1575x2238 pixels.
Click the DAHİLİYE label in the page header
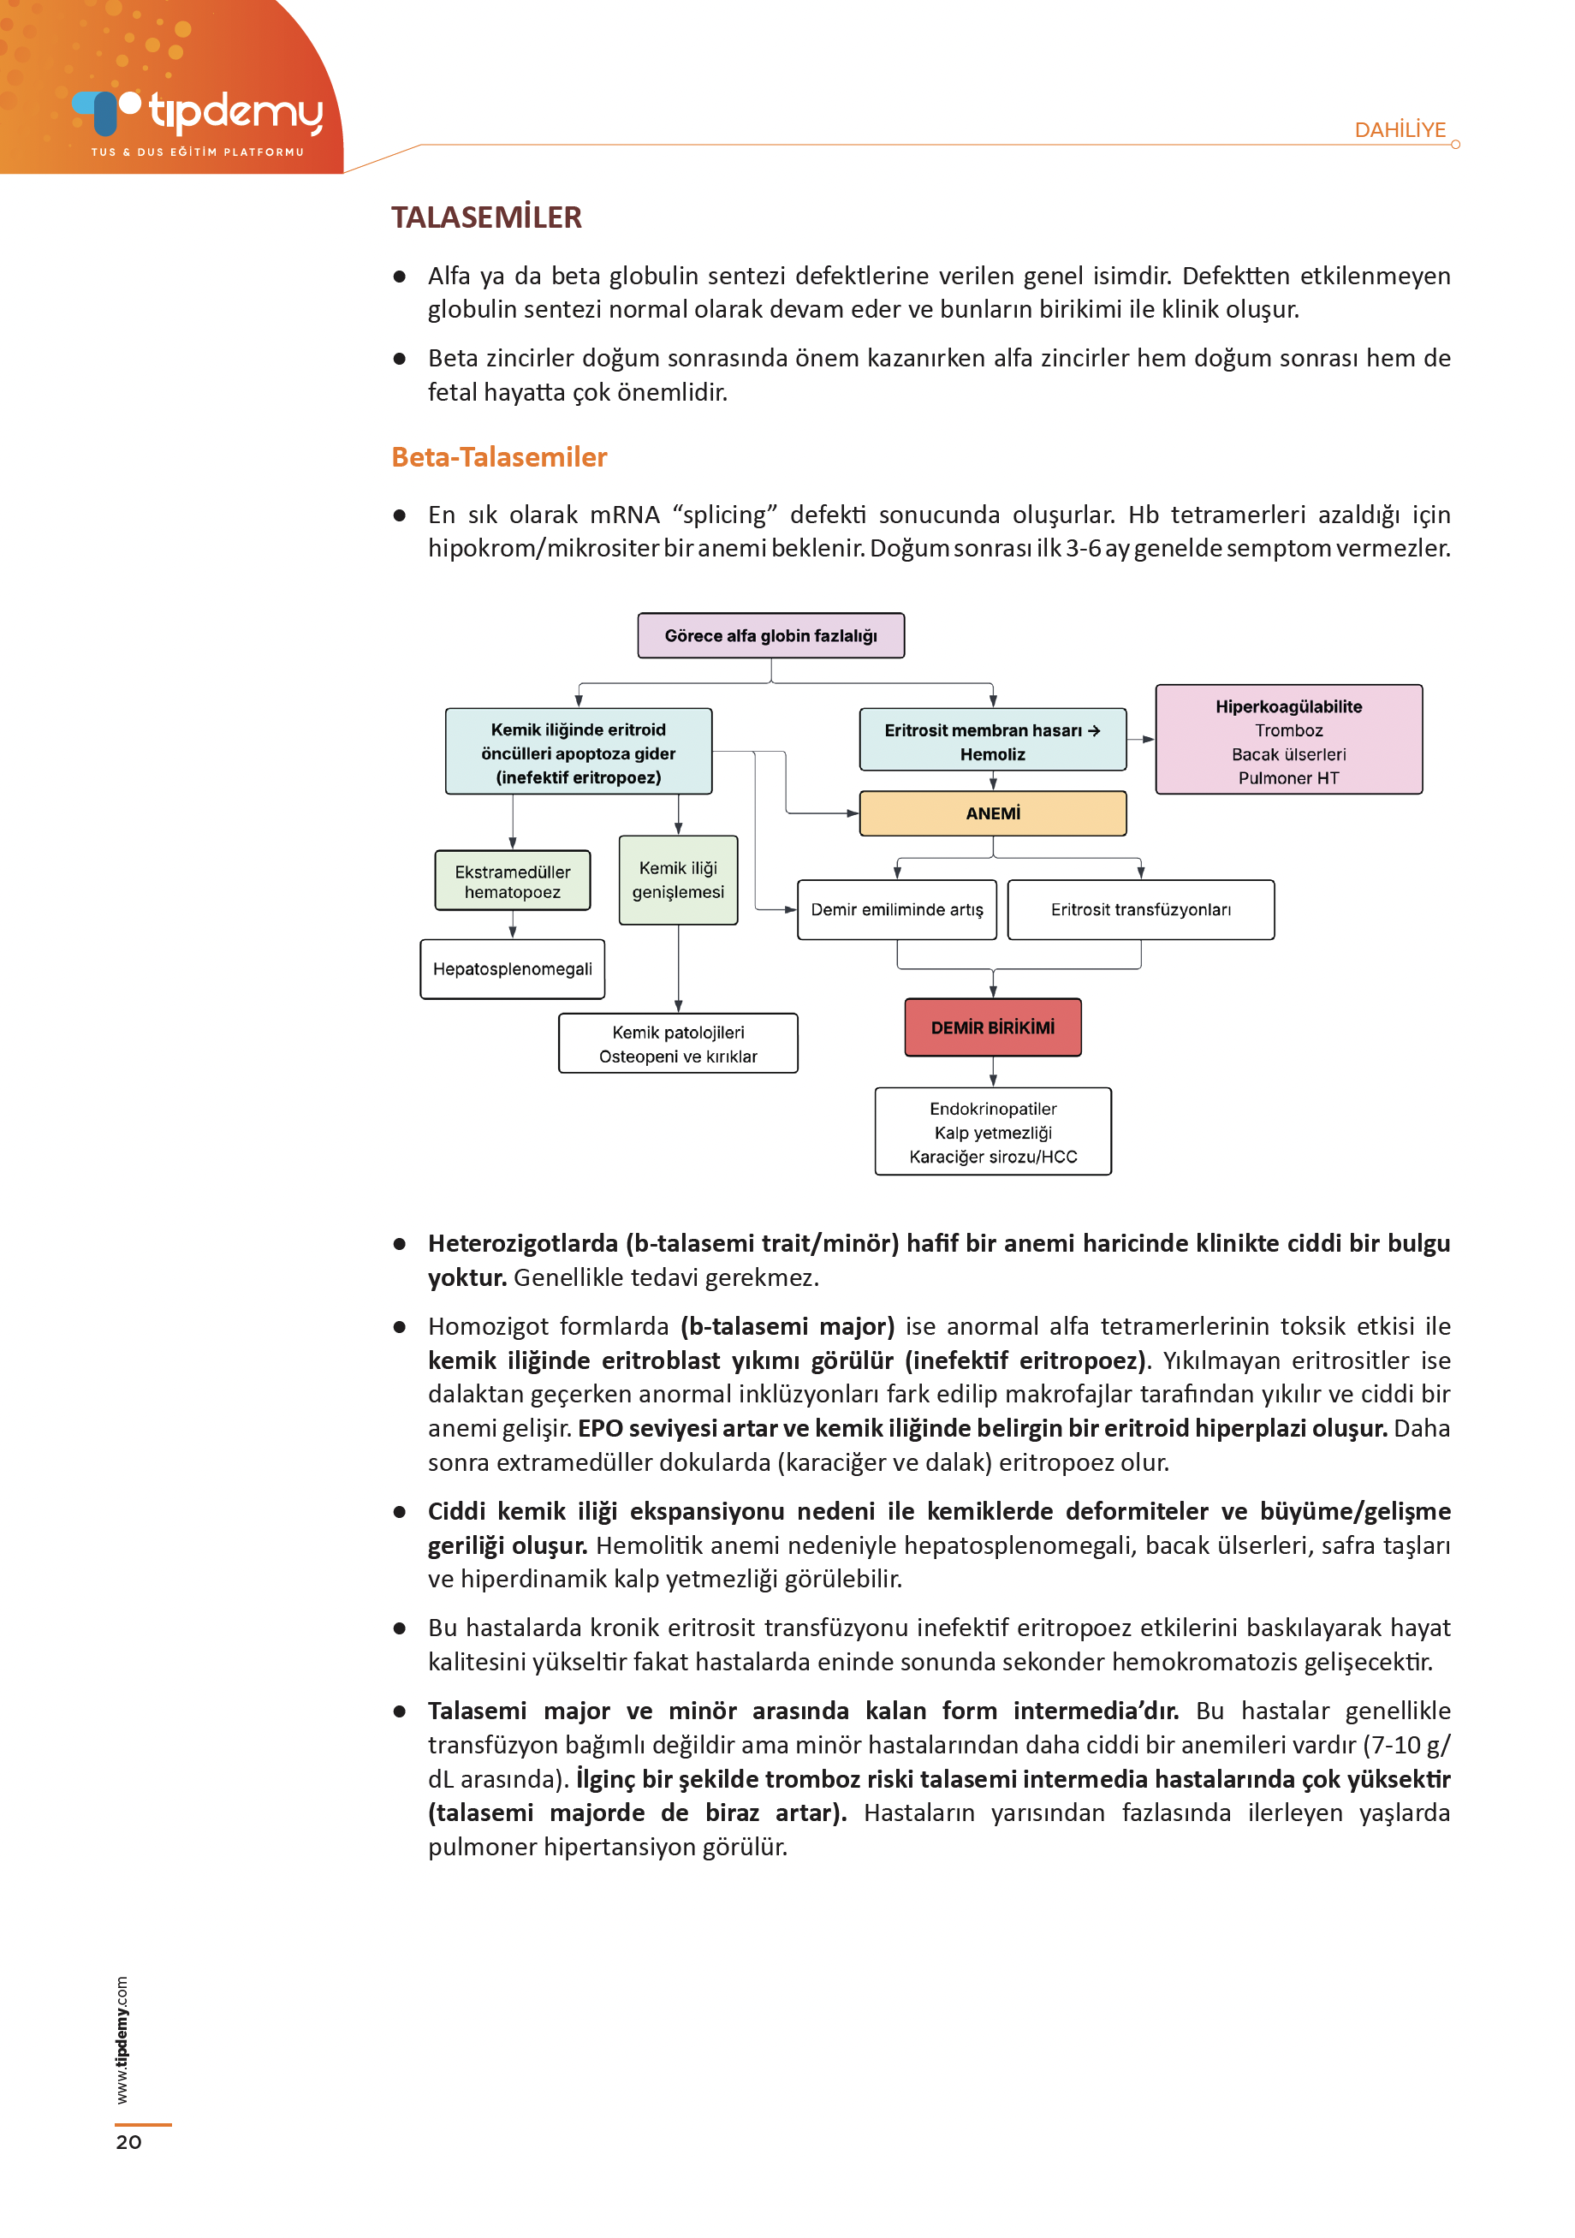coord(1400,129)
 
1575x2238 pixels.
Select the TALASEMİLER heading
coord(486,217)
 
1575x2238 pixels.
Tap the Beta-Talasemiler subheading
coord(499,456)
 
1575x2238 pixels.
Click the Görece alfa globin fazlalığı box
coord(770,635)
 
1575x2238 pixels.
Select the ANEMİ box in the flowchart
coord(992,813)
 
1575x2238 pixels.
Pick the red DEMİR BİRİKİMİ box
coord(992,1027)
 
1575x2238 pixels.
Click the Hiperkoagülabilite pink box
coord(1287,740)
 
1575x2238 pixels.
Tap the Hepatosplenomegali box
coord(512,969)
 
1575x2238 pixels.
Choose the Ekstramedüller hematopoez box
coord(512,881)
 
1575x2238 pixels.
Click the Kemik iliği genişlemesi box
coord(677,879)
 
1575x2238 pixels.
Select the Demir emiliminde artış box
coord(897,909)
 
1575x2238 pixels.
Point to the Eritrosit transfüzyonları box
coord(1140,909)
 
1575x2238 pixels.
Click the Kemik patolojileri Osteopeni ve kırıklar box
coord(677,1044)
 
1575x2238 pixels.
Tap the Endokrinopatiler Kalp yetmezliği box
coord(992,1132)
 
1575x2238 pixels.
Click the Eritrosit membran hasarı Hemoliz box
coord(992,741)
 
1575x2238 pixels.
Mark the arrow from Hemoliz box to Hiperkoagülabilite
coord(1141,740)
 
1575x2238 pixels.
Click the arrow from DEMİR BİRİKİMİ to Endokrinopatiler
coord(992,1072)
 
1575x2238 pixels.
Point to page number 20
coord(128,2141)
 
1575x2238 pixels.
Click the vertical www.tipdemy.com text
coord(122,2039)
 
